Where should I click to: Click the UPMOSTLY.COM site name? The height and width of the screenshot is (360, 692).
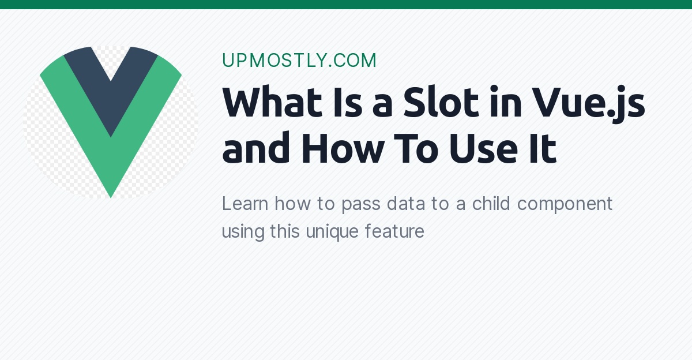tap(299, 61)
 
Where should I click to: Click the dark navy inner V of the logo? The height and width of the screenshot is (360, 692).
tap(111, 87)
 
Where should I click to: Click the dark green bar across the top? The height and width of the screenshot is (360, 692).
tap(346, 5)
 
